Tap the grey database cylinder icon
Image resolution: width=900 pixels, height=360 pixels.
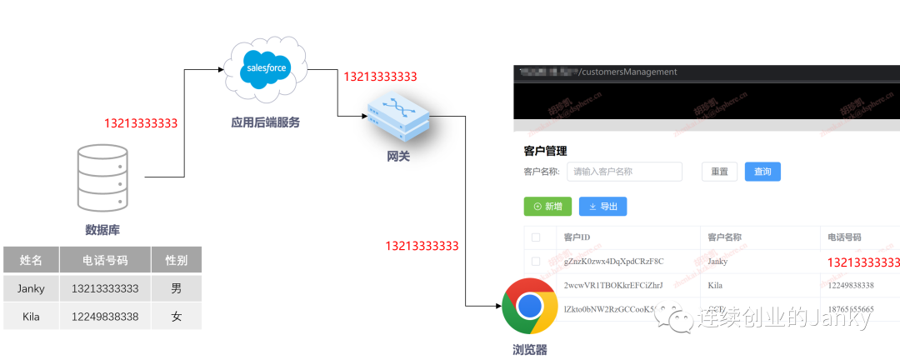[x=102, y=177]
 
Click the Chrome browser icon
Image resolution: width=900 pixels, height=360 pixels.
[x=530, y=307]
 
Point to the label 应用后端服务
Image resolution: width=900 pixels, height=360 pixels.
[x=265, y=122]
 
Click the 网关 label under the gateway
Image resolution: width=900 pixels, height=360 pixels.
[x=398, y=156]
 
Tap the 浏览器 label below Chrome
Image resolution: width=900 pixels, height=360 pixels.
[x=530, y=350]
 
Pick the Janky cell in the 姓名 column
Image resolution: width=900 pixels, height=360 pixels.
[x=31, y=288]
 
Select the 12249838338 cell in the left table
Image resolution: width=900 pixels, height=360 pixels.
[x=105, y=317]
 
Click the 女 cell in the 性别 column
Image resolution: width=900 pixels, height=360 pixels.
[x=176, y=317]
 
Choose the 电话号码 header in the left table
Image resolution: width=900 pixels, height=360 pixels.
[x=105, y=260]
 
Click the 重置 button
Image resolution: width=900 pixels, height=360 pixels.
[x=719, y=172]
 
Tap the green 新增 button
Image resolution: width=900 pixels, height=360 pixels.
[x=547, y=206]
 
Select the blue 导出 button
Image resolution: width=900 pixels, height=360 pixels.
[x=602, y=206]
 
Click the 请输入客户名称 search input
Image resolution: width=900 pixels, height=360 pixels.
[x=624, y=172]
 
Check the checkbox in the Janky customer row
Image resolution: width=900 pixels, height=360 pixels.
[x=536, y=262]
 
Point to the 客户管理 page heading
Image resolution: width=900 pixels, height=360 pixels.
[x=545, y=151]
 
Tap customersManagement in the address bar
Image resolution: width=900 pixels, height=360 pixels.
[x=631, y=72]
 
